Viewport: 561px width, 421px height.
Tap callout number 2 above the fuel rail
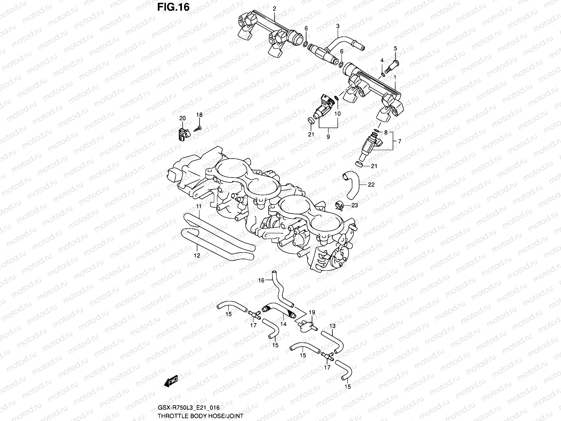pyautogui.click(x=274, y=8)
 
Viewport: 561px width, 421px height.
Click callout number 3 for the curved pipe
pyautogui.click(x=338, y=26)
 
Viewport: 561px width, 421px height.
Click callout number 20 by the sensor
pyautogui.click(x=182, y=119)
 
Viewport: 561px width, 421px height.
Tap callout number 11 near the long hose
pyautogui.click(x=198, y=207)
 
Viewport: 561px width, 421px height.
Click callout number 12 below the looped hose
pyautogui.click(x=197, y=255)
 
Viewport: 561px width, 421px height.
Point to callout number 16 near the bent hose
pyautogui.click(x=261, y=280)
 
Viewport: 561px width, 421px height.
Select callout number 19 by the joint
pyautogui.click(x=312, y=312)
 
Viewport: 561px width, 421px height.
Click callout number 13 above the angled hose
pyautogui.click(x=332, y=326)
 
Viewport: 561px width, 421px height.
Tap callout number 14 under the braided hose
pyautogui.click(x=283, y=324)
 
